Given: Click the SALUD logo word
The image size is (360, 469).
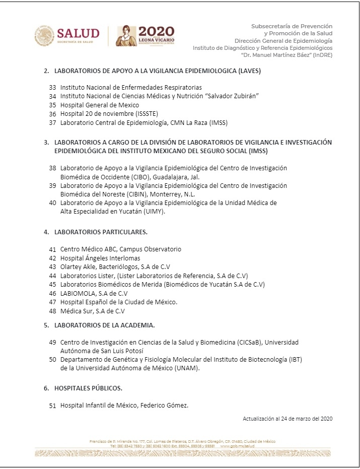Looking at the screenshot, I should [x=78, y=33].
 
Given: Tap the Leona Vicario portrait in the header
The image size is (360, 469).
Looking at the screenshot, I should [x=126, y=35].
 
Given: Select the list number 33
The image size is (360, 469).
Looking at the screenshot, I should [x=52, y=88].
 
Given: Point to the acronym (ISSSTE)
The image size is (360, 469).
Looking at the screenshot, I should [x=129, y=114].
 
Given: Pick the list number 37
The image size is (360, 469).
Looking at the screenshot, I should [x=52, y=122].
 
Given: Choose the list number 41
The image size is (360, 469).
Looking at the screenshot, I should [x=52, y=249].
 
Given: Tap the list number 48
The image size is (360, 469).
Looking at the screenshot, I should [x=52, y=311].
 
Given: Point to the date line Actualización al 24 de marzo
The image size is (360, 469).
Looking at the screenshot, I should [x=287, y=419].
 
